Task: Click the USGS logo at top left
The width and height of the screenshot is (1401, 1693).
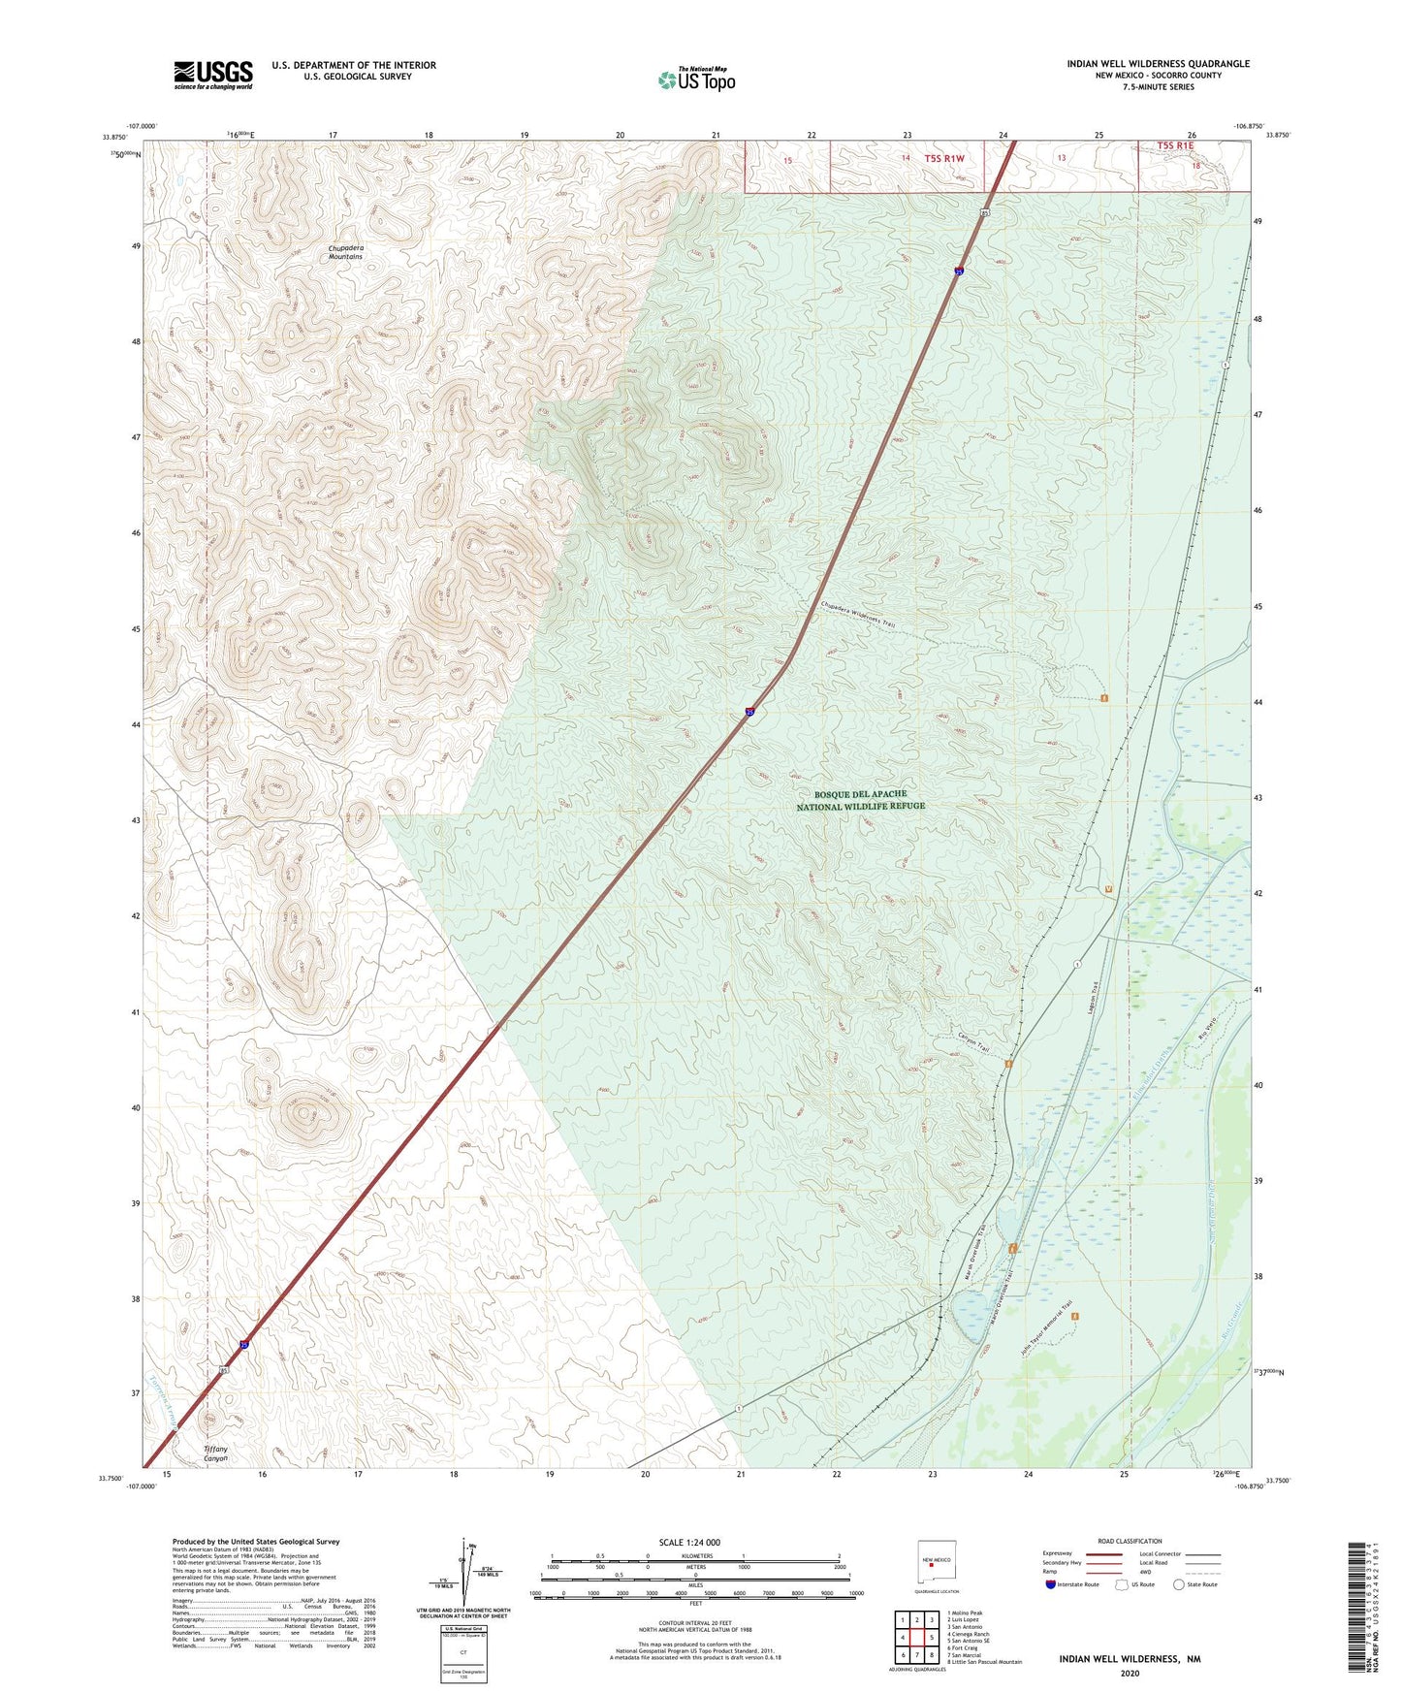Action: (212, 75)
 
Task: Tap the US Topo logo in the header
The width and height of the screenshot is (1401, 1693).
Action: (696, 80)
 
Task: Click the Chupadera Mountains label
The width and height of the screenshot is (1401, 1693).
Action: (345, 252)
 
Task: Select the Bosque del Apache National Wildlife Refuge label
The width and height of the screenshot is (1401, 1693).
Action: (860, 800)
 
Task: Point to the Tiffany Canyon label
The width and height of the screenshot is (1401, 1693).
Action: (215, 1453)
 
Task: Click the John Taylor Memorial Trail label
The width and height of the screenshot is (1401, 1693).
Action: (1050, 1324)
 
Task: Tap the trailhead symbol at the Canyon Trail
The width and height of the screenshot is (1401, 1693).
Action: (1008, 1064)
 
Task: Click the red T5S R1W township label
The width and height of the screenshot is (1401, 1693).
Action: (944, 158)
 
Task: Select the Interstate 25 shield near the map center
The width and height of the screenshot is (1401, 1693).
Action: (750, 712)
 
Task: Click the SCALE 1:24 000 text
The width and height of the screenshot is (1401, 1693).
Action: (689, 1542)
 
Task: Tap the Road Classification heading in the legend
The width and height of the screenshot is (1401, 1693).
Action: (1130, 1541)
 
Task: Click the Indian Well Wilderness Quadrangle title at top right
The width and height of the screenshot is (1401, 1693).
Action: (1158, 64)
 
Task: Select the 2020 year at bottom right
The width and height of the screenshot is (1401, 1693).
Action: (1130, 1673)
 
